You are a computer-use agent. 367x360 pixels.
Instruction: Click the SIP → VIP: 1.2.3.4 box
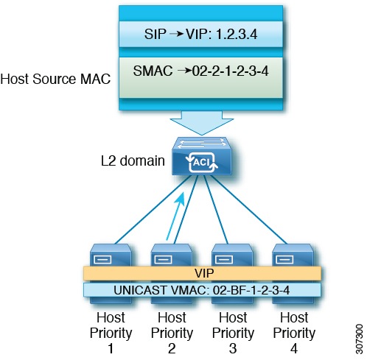(x=202, y=34)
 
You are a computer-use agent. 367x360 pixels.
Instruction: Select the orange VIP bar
(x=201, y=273)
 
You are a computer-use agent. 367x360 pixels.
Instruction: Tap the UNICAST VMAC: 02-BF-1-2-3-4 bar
(x=201, y=289)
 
